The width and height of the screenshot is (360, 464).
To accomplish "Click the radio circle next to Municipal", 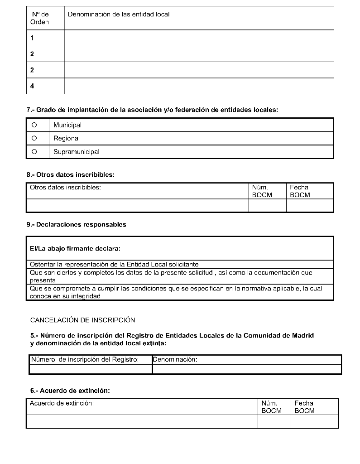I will click(x=34, y=125).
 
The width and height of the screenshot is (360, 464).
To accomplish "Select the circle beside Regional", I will click(x=34, y=138).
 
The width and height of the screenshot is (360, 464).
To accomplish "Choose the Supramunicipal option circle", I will click(x=34, y=152).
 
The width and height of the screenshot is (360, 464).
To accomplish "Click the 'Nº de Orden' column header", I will click(x=40, y=18).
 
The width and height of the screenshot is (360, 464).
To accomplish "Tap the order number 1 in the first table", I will click(x=32, y=38).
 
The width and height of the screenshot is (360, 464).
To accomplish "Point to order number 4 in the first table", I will click(x=32, y=86).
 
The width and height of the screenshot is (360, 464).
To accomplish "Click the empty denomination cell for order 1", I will click(x=199, y=38).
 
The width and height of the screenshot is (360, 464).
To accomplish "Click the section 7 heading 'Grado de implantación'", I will click(x=152, y=110).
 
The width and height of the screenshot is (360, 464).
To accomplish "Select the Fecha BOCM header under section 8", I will click(x=300, y=191).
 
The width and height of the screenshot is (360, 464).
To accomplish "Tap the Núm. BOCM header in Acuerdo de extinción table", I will click(x=271, y=407).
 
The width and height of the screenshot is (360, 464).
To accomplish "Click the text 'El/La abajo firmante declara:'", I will click(x=75, y=248).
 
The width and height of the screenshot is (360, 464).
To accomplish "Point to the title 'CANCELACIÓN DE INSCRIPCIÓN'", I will click(x=82, y=320).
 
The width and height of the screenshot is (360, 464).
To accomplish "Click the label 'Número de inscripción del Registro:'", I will click(x=84, y=359).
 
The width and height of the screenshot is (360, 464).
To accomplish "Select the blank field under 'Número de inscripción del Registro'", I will click(x=91, y=369).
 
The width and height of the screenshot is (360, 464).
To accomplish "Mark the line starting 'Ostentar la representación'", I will click(x=114, y=264).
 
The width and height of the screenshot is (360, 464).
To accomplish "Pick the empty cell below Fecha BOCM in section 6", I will click(x=314, y=421).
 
